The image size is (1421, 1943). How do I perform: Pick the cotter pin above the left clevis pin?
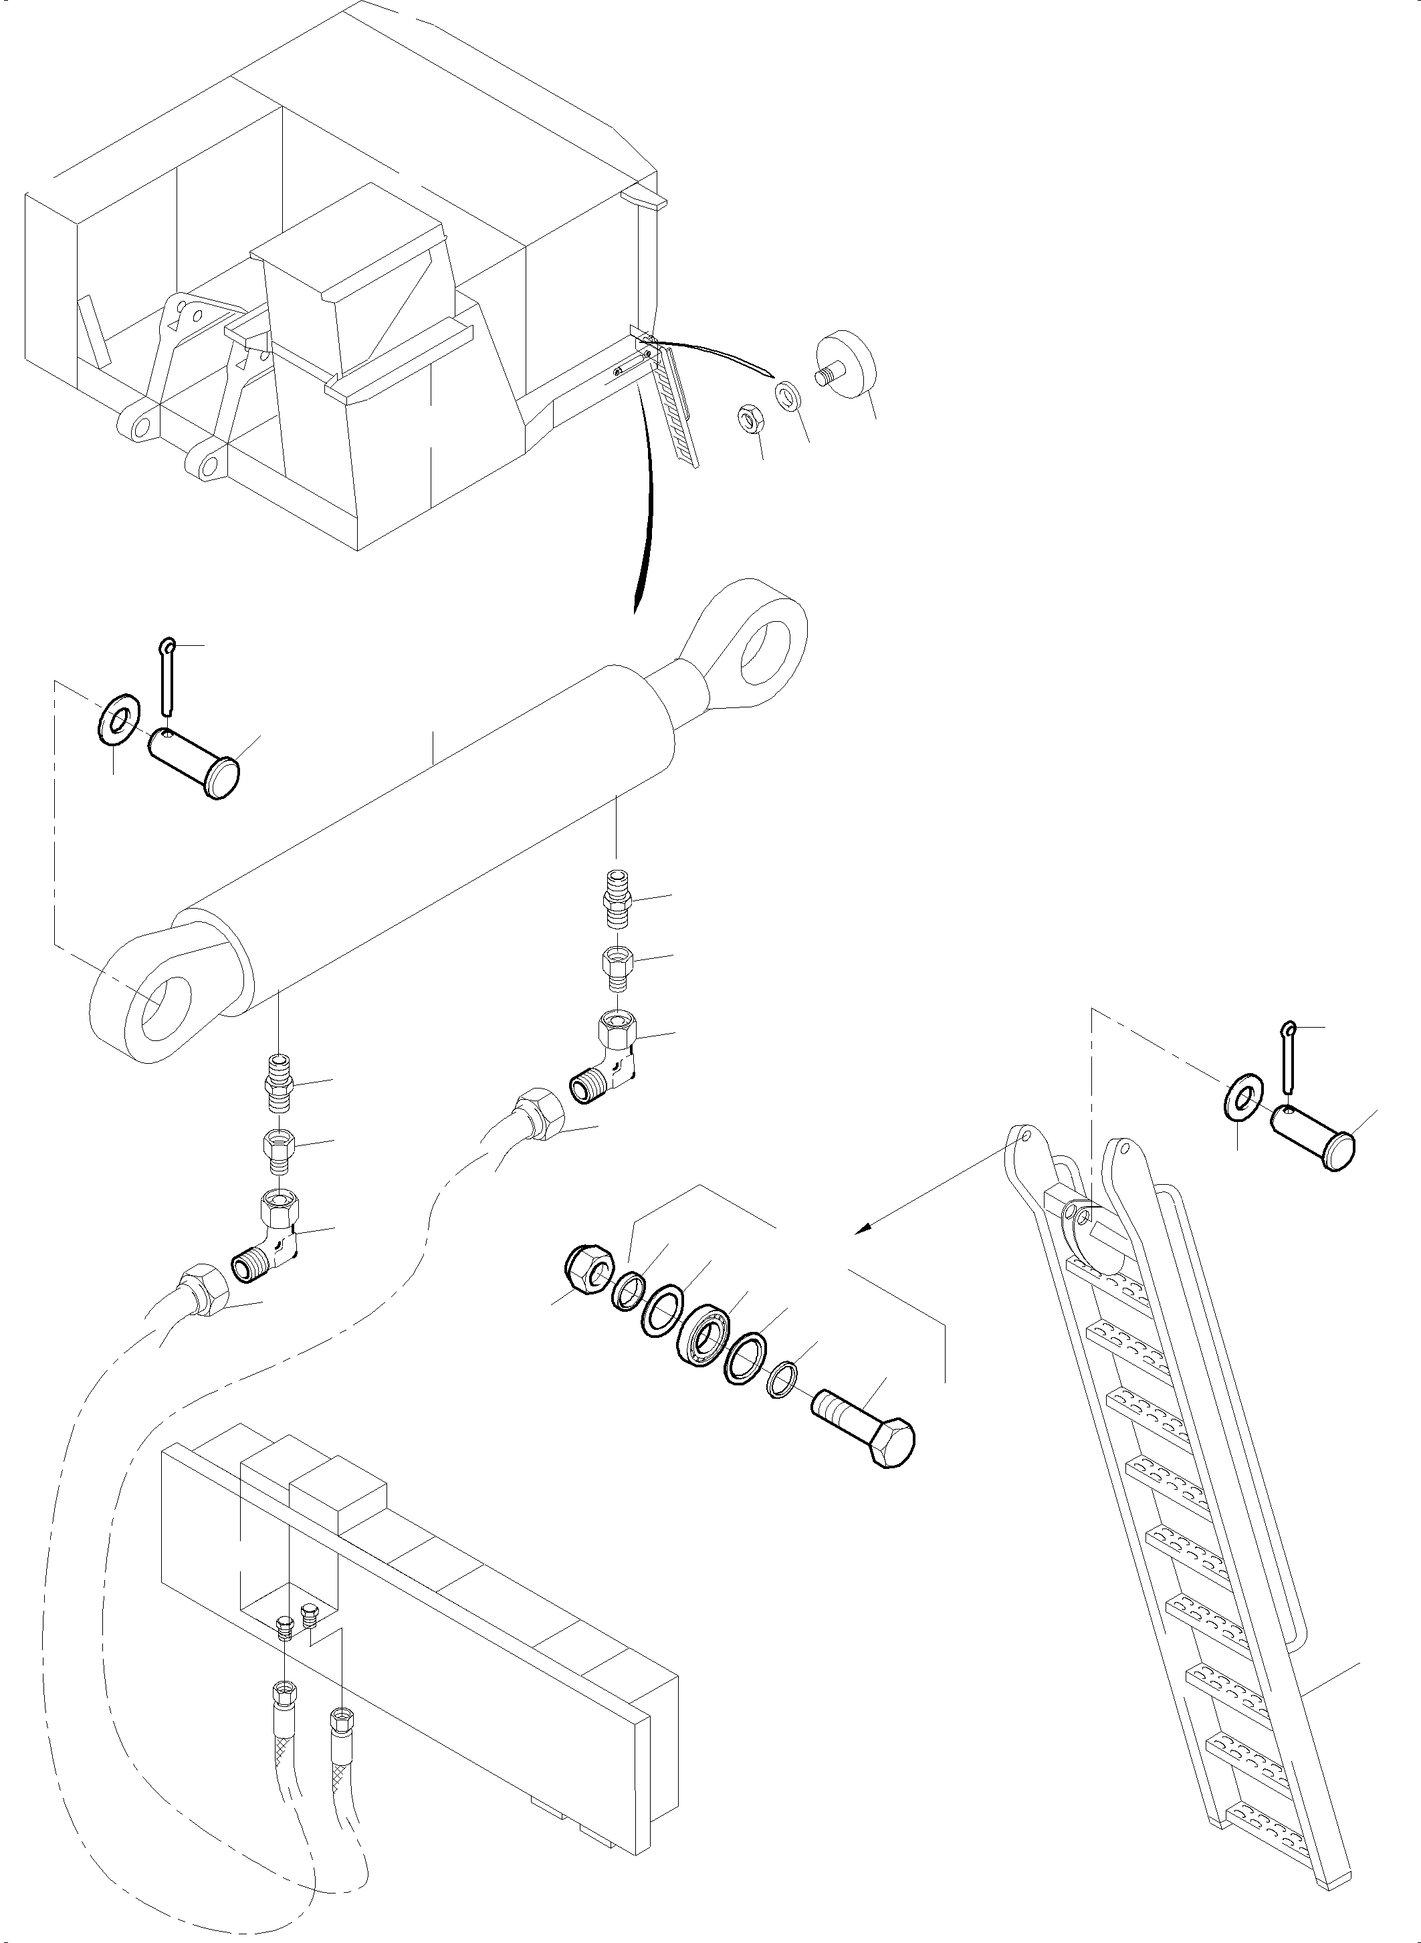tap(167, 677)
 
